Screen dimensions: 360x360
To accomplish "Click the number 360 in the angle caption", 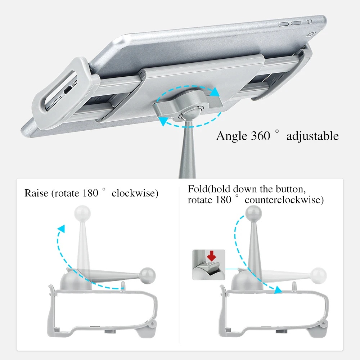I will [x=258, y=136].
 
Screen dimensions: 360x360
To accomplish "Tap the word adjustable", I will [x=312, y=136].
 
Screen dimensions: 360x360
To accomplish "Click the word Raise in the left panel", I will [x=36, y=193].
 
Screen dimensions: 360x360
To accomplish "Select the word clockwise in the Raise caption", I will [x=135, y=193].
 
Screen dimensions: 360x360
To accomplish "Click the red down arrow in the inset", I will [x=212, y=256].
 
